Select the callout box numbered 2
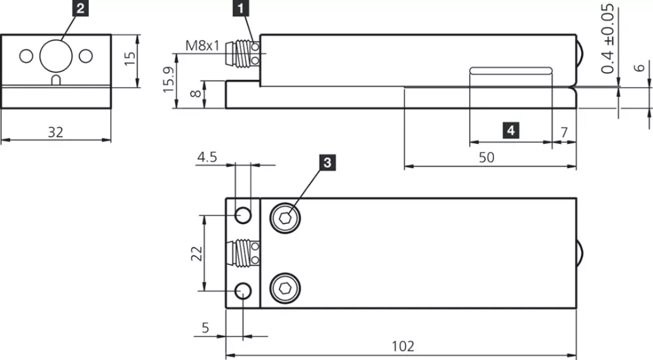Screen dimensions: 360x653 coord(80,9)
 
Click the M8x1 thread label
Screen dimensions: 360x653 coord(202,46)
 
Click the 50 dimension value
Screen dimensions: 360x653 coord(487,157)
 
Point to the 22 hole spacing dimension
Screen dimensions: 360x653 coord(196,252)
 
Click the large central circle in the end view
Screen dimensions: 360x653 coord(56,56)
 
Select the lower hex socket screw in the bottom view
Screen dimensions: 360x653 coord(286,288)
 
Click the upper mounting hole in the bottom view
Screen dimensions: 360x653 coord(243,214)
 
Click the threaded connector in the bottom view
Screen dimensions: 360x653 coord(243,252)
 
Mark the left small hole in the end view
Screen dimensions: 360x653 coord(26,56)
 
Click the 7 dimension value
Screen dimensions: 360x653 coord(564,131)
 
